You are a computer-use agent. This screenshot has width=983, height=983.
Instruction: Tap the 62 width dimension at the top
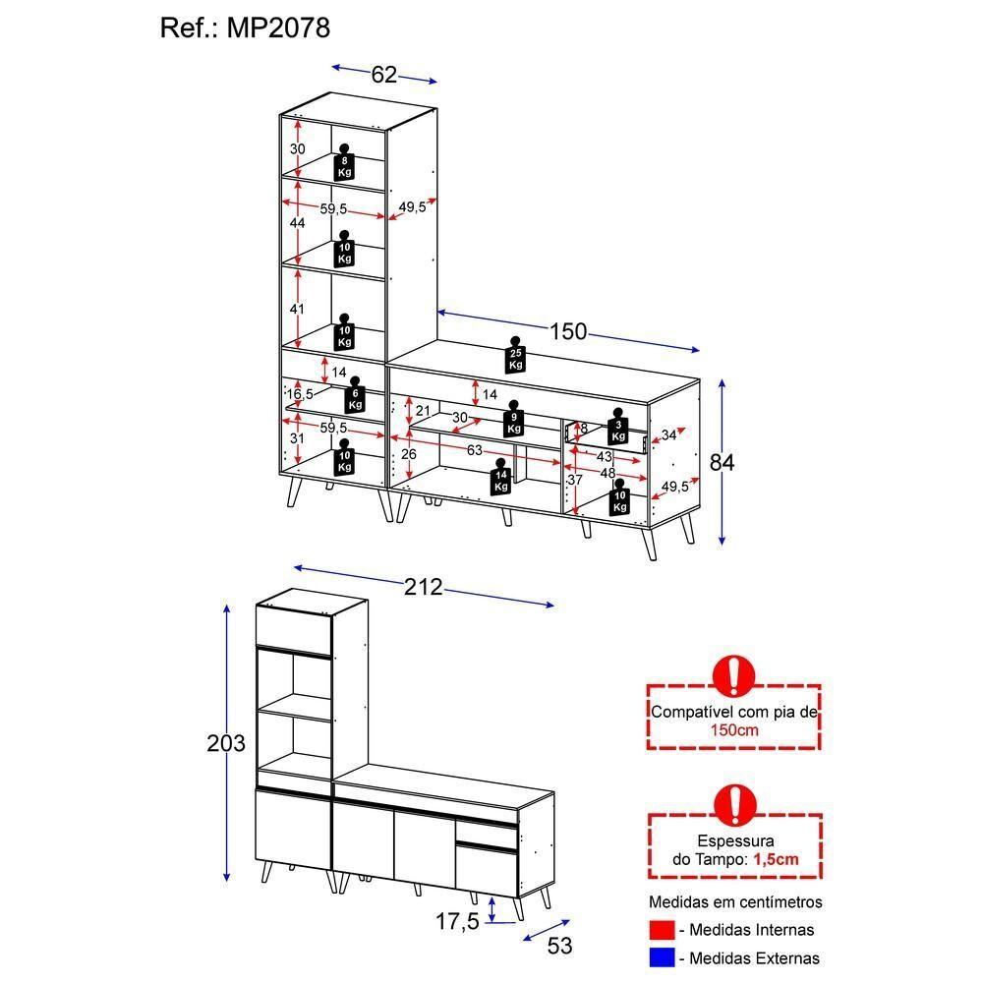[x=384, y=75]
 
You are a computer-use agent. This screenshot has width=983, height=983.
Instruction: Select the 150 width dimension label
[x=567, y=332]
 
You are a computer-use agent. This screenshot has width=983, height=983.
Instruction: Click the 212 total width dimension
[x=424, y=588]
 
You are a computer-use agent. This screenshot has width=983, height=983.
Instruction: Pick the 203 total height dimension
[x=225, y=743]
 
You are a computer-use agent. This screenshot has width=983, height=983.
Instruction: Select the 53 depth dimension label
[x=559, y=946]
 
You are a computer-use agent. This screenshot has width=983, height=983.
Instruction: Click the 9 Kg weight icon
[x=513, y=421]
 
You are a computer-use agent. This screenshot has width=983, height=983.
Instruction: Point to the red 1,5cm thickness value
[x=776, y=859]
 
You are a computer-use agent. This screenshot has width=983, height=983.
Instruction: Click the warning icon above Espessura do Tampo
[x=733, y=803]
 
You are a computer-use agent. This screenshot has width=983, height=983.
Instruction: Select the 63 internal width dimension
[x=475, y=450]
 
